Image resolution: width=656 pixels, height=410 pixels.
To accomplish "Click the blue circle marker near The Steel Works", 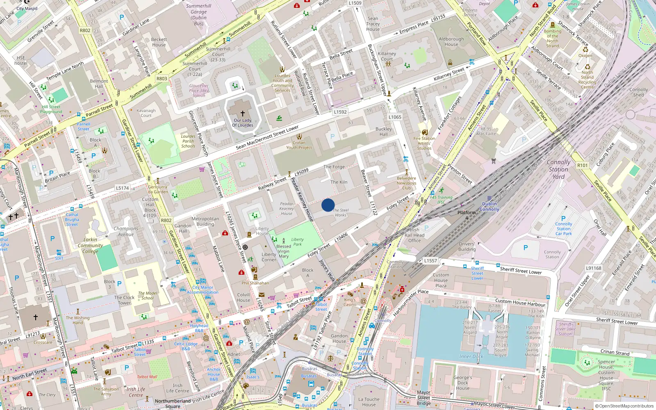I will pos(328,205).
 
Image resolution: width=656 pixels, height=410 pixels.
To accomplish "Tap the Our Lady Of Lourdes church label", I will pos(243,123).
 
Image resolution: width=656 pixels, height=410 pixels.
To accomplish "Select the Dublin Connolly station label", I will pos(489,206).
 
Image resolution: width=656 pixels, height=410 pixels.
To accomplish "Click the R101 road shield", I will pos(582,165).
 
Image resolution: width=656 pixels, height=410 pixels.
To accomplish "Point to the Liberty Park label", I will pos(297,242).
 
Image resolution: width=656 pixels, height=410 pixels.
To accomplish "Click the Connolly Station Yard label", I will pos(558,169).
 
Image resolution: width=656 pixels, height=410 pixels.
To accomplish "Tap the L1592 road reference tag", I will pos(340,112).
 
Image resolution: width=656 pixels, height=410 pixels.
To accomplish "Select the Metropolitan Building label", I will pos(205,221).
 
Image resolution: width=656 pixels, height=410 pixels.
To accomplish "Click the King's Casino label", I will pos(350,302).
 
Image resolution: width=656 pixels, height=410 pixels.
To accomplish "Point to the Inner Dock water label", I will pos(471,356).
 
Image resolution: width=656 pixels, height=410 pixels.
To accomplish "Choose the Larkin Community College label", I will pos(90,245).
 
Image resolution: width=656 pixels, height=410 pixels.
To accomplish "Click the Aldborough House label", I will pos(451,42).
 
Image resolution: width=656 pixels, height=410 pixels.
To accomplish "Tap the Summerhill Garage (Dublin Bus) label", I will pos(198,15).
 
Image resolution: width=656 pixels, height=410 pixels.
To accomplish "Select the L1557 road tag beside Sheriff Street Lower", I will pos(430,260).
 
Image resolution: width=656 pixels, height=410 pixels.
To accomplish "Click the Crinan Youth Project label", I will pos(299,145).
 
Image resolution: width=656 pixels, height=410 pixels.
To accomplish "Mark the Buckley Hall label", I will pos(383,131).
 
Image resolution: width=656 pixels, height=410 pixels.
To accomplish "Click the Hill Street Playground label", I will pos(51,109).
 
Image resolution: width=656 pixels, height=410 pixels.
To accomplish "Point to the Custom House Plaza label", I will pos(441,280).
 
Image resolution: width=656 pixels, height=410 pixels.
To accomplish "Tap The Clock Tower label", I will pos(124,300).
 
